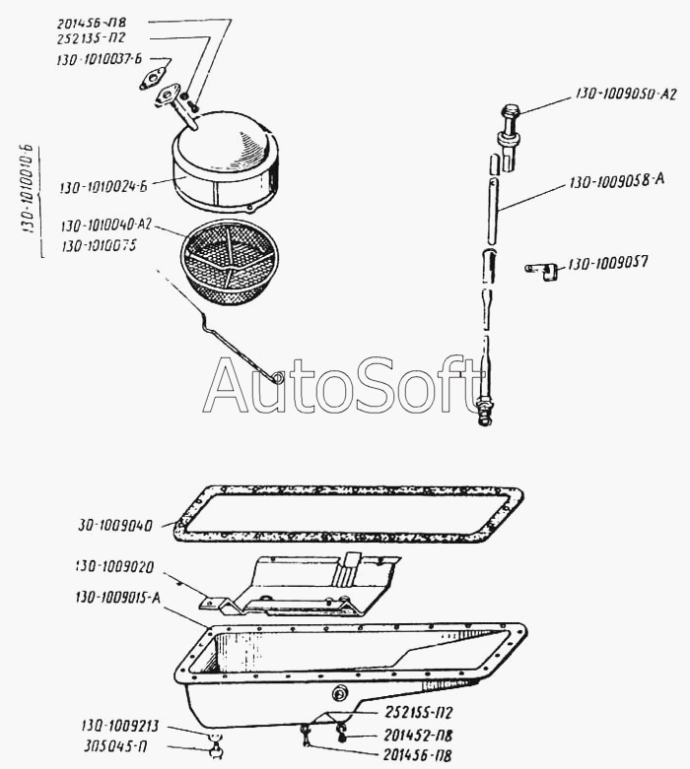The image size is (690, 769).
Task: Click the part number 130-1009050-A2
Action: coord(627,95)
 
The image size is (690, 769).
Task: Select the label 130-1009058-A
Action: coord(616,180)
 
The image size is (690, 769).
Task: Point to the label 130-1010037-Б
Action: coord(100,61)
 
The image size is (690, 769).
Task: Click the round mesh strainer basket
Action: coord(229,257)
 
